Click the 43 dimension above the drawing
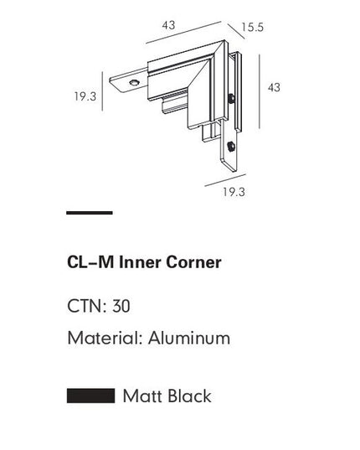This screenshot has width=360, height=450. pyautogui.click(x=168, y=25)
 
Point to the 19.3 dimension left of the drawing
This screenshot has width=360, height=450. pyautogui.click(x=85, y=96)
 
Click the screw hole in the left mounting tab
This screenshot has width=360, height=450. pyautogui.click(x=133, y=82)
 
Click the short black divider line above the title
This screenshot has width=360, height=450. pyautogui.click(x=89, y=214)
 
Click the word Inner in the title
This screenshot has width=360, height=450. pyautogui.click(x=141, y=262)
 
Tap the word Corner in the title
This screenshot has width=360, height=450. pyautogui.click(x=195, y=262)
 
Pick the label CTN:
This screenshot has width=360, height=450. pyautogui.click(x=86, y=306)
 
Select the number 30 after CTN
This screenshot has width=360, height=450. pyautogui.click(x=121, y=306)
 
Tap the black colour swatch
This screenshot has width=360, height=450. pyautogui.click(x=90, y=395)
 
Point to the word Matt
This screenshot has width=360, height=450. pyautogui.click(x=141, y=396)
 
